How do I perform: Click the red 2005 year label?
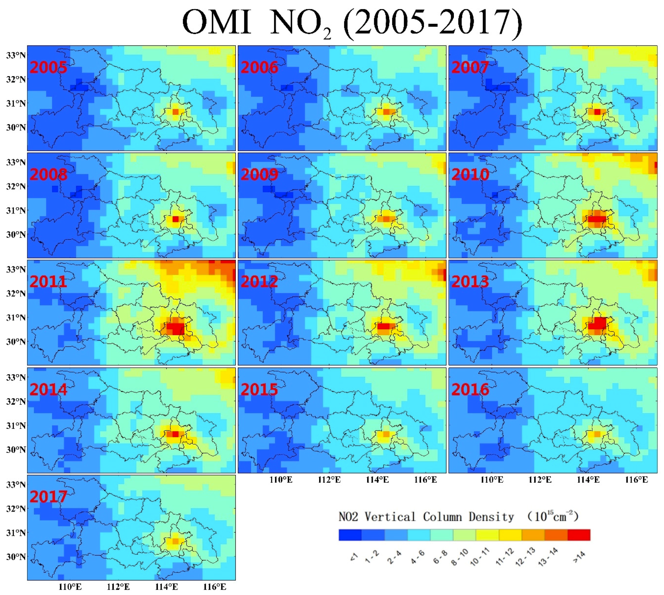(48, 67)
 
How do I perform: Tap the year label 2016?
(470, 389)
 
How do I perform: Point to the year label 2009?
(259, 175)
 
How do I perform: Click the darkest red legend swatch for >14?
(579, 535)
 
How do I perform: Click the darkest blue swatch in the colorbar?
(350, 535)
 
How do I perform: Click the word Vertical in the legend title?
(390, 517)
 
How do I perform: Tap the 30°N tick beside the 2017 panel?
(16, 557)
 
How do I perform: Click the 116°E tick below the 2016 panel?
(636, 480)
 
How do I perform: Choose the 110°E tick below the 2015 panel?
(281, 480)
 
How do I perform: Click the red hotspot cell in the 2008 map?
(176, 219)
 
